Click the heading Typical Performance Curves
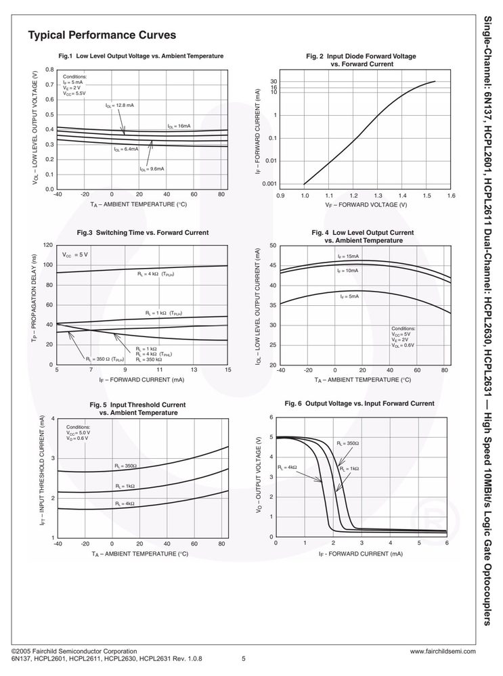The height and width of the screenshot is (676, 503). click(x=102, y=35)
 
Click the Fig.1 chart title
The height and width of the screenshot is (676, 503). click(x=141, y=56)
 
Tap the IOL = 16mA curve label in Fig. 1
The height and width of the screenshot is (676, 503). click(x=179, y=126)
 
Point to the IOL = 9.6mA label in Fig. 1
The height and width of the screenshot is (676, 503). click(x=152, y=169)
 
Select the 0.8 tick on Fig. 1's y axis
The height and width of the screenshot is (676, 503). click(x=50, y=70)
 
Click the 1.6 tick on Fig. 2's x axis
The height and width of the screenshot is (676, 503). click(x=452, y=196)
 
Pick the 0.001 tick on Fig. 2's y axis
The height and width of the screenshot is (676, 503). click(x=269, y=184)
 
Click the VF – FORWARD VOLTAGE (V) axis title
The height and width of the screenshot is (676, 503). click(x=366, y=205)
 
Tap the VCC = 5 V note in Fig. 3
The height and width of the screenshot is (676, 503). click(x=75, y=255)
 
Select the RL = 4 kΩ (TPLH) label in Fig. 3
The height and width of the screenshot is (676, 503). click(x=155, y=274)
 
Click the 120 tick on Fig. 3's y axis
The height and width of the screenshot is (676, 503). click(x=48, y=246)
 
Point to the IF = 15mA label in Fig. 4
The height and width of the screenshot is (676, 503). click(x=349, y=256)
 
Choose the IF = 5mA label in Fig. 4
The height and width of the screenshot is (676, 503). click(x=349, y=296)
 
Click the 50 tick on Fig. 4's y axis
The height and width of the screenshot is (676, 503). click(x=273, y=246)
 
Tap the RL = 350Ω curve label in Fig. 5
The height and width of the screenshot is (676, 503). click(x=125, y=466)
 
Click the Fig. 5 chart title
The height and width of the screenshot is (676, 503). click(x=137, y=409)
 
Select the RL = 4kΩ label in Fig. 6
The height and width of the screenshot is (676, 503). click(x=287, y=468)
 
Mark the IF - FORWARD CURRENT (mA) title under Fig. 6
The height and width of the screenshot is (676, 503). click(x=361, y=554)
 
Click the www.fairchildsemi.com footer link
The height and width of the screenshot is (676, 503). click(x=443, y=652)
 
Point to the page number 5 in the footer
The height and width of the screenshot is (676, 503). click(x=243, y=659)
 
